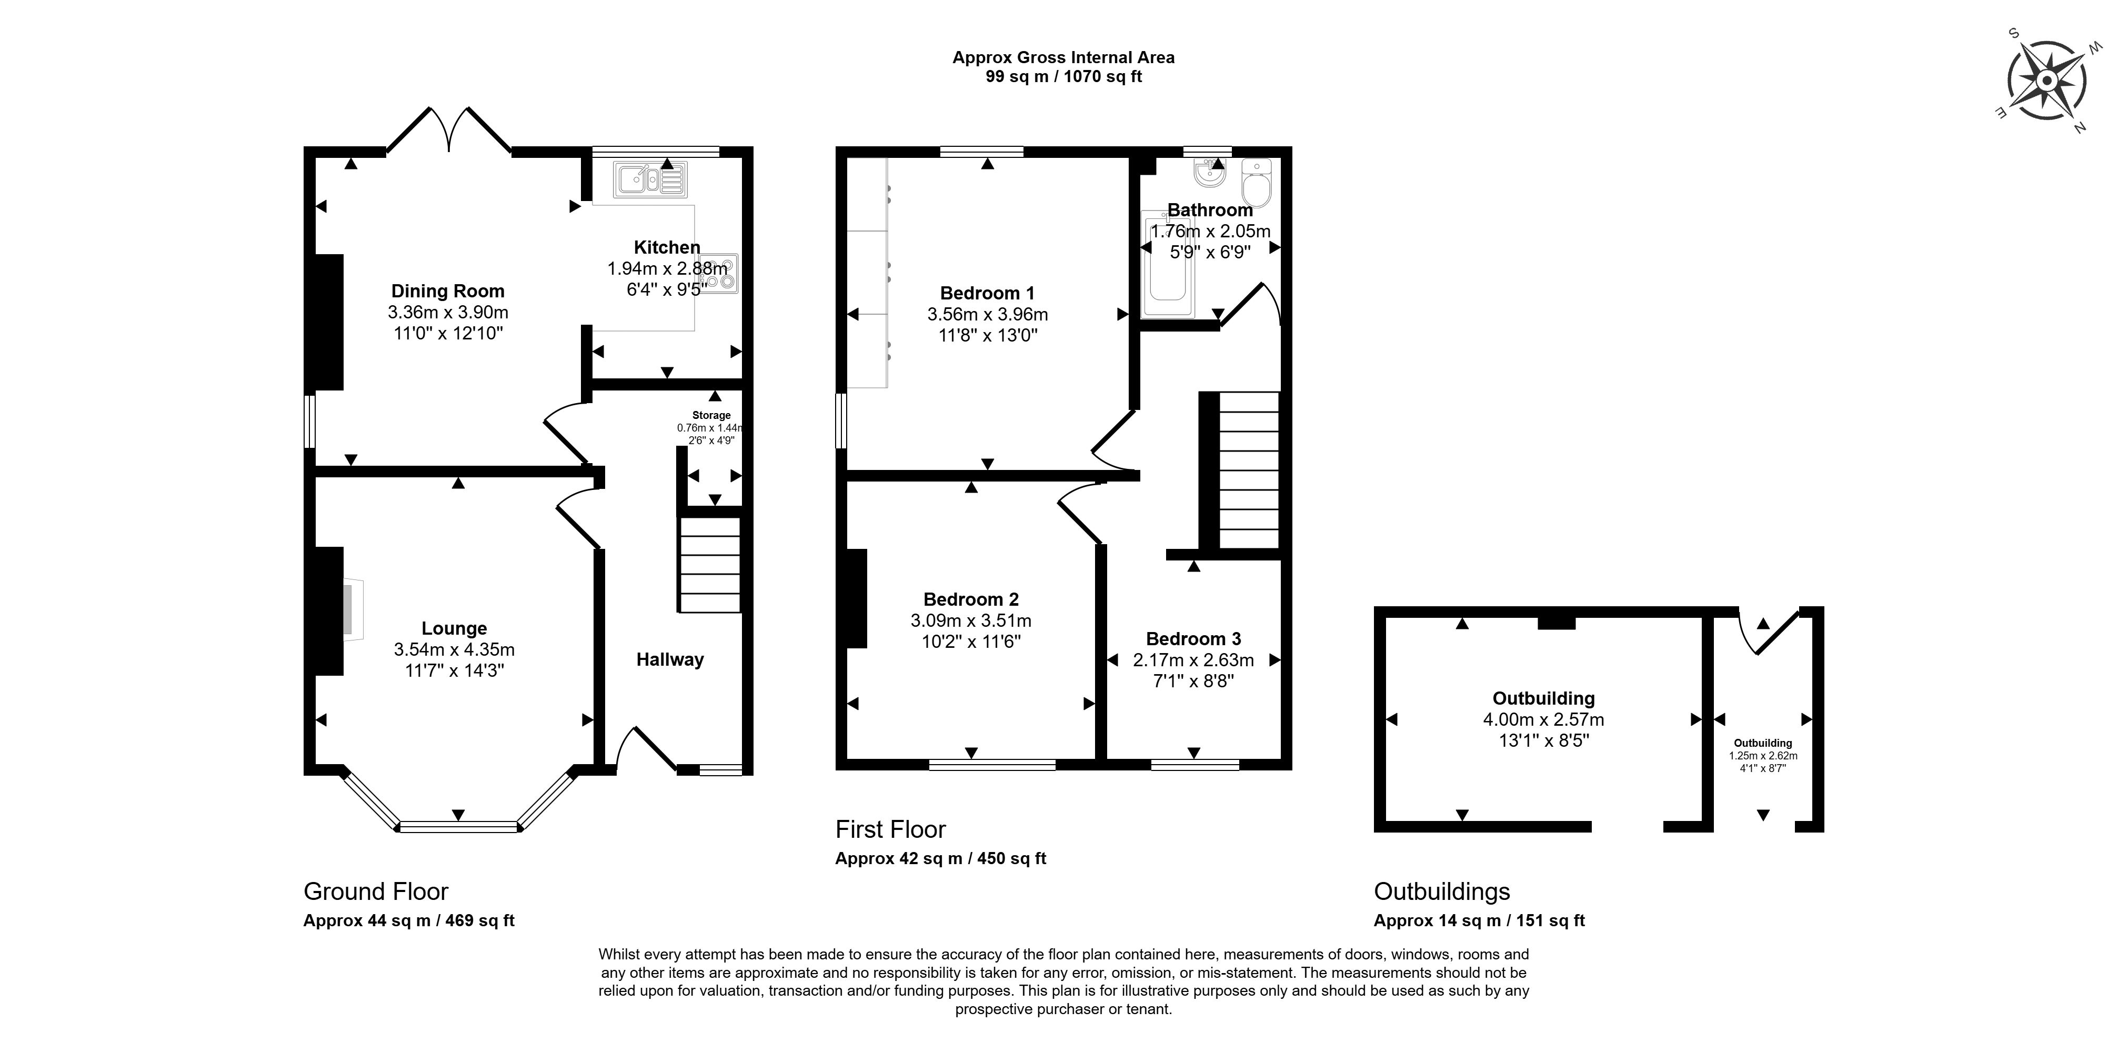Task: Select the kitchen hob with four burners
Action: (719, 274)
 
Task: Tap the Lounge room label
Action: (454, 629)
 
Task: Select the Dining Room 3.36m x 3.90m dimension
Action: (448, 313)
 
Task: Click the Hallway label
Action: (670, 659)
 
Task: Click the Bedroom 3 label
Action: (1193, 639)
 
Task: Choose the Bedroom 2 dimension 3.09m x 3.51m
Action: (971, 620)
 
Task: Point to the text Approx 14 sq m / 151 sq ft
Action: (1479, 920)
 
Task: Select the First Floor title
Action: (890, 829)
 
